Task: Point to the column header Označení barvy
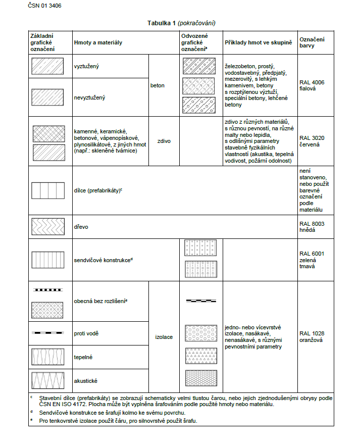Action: click(x=312, y=42)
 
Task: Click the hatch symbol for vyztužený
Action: click(x=47, y=66)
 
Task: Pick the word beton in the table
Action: click(x=158, y=85)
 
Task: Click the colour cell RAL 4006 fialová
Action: click(x=311, y=85)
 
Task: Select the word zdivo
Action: click(x=164, y=141)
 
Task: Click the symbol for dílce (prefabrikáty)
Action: click(x=47, y=190)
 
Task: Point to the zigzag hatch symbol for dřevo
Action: click(x=47, y=227)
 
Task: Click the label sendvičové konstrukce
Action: click(x=103, y=260)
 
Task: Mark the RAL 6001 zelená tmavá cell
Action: click(x=312, y=260)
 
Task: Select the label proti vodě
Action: click(x=86, y=333)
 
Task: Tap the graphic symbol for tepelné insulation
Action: click(x=47, y=357)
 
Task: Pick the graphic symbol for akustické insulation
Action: click(x=47, y=380)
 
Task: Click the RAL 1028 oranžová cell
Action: click(x=312, y=336)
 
